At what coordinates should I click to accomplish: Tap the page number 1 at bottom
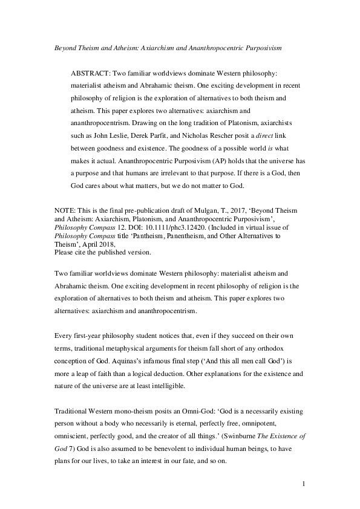(303, 484)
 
